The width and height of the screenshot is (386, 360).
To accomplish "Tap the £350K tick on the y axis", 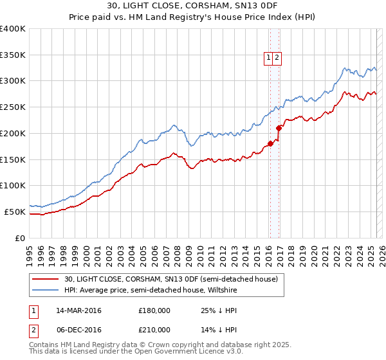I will click(13, 55).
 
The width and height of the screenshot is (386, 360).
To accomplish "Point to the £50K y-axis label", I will click(15, 212).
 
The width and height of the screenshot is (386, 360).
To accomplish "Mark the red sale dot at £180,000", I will click(270, 143).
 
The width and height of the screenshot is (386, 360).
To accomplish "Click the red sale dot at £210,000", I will click(279, 128).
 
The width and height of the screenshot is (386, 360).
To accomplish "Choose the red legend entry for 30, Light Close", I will click(170, 279).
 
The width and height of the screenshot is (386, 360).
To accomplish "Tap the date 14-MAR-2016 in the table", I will click(79, 310).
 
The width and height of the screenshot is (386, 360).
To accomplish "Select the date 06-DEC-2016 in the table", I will click(78, 329).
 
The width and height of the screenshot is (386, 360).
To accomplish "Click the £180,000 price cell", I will click(154, 310).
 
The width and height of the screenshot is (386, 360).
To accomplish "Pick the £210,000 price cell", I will click(154, 329).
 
